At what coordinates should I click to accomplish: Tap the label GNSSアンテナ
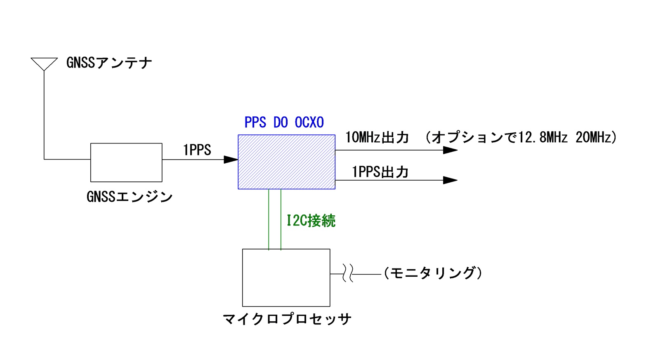coord(109,63)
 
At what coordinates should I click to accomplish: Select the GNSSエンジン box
coord(126,162)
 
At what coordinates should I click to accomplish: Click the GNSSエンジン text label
coord(130,197)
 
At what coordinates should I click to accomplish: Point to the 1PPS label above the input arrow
coord(197,150)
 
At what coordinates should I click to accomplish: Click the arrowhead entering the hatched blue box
coord(231,159)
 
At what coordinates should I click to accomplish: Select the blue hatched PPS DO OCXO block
coord(286,162)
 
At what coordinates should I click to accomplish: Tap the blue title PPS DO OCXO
coord(284,122)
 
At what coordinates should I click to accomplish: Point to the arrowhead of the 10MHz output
coord(450,150)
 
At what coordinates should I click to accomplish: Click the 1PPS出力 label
coord(380,172)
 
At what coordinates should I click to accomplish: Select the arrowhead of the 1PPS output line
coord(450,180)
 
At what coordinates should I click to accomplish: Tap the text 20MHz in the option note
coord(593,137)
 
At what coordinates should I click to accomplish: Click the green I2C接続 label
coord(311,221)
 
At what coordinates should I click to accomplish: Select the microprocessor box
coord(286,278)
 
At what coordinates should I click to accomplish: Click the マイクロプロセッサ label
coord(287,319)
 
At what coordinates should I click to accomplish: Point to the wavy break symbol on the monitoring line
coord(348,274)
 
